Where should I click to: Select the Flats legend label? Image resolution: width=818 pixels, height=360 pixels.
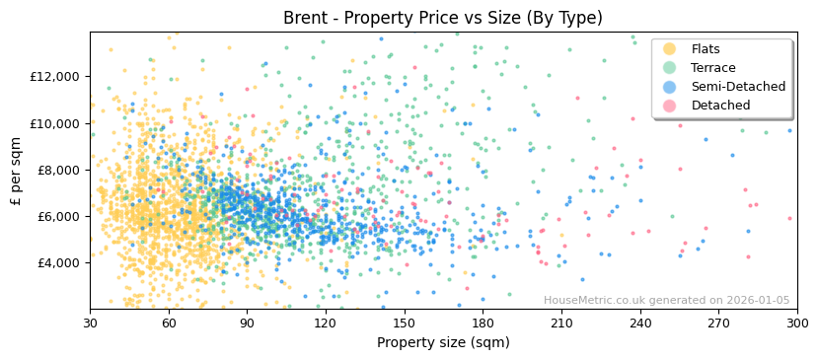coord(705,49)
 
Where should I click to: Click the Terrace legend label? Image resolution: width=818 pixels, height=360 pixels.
coord(713,68)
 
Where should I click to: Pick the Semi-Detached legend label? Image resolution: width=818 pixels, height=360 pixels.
coord(738,87)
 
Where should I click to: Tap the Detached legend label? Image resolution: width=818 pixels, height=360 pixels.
coord(720,106)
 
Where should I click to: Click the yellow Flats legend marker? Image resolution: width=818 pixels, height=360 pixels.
coord(670,49)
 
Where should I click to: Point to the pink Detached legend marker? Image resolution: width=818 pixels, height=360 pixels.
coord(670,106)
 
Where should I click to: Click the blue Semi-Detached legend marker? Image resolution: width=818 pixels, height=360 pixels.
coord(670,87)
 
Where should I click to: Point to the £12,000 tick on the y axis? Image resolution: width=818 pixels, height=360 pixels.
coord(55,77)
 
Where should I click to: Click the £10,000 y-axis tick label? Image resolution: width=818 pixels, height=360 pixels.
coord(55,123)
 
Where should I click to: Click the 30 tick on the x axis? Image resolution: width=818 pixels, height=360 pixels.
coord(91,324)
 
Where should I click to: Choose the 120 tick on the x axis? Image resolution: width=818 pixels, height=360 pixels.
coord(326,324)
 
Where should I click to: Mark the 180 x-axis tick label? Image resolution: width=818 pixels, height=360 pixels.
coord(483,324)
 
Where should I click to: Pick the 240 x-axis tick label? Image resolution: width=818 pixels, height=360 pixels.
coord(639,324)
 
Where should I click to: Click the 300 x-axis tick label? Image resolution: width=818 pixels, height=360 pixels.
coord(796,324)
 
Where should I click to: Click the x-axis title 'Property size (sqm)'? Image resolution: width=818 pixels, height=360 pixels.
coord(442,343)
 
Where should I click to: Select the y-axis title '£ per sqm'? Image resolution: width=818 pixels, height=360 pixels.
coord(17,170)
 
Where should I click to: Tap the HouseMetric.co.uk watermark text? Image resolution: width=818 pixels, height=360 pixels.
coord(666,301)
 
